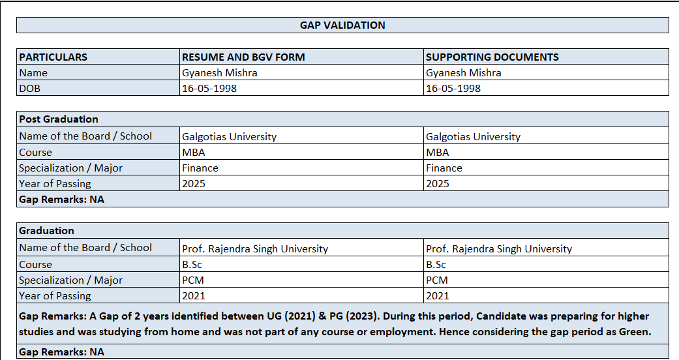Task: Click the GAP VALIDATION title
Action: [x=342, y=25]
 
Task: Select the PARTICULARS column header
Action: [x=53, y=57]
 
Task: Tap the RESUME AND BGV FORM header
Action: [x=243, y=57]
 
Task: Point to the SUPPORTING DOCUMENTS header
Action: [x=492, y=57]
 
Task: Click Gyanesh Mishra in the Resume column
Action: [x=219, y=73]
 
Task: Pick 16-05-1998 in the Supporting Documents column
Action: [x=453, y=88]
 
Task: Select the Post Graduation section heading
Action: [x=59, y=119]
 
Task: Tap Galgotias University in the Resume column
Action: [x=229, y=137]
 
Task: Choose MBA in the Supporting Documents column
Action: [x=437, y=153]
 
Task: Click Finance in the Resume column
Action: [x=200, y=168]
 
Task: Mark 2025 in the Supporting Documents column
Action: [x=437, y=184]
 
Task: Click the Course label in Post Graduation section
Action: [x=35, y=153]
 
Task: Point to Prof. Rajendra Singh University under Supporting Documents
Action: [x=498, y=248]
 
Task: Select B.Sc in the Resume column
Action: [x=192, y=265]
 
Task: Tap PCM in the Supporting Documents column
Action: [x=436, y=280]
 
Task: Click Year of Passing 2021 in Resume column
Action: [x=193, y=296]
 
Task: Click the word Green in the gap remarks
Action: [x=633, y=332]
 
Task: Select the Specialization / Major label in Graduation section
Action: [x=70, y=280]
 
